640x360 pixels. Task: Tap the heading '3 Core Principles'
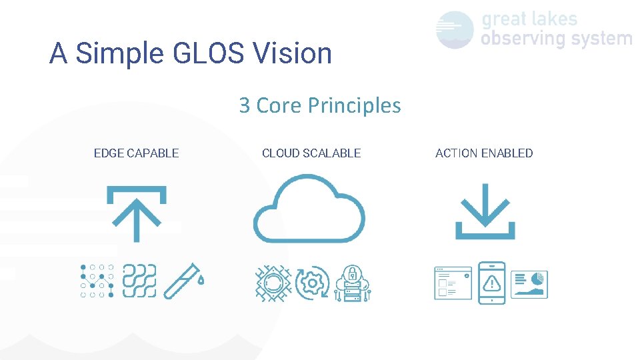tap(320, 105)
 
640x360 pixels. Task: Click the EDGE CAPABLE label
tap(136, 153)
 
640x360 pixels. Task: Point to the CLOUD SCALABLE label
tap(311, 153)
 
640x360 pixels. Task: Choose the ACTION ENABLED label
tap(484, 153)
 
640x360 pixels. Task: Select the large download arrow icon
tap(485, 211)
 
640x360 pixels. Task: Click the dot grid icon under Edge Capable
tap(97, 281)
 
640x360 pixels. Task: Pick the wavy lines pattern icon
tap(139, 281)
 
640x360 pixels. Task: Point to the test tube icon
tap(184, 281)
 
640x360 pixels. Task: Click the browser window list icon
tap(453, 283)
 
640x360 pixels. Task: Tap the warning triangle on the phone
tap(492, 283)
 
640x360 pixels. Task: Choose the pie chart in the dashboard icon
tap(539, 277)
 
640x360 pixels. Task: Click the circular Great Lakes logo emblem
tap(455, 29)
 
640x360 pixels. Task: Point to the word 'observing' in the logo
tap(518, 39)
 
